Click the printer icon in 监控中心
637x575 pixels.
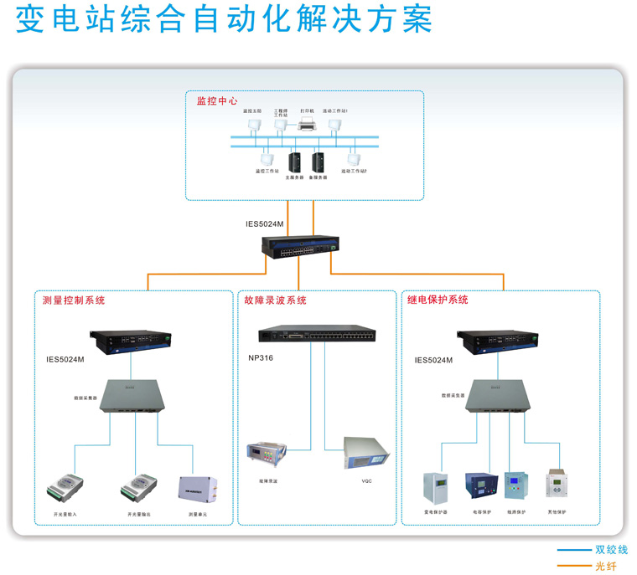(307, 126)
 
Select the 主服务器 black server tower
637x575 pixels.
(294, 162)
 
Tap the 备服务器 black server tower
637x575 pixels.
(318, 162)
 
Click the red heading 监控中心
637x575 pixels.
(217, 101)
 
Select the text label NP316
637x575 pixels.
(261, 357)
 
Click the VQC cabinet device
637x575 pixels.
(366, 454)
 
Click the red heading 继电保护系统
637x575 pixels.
(438, 300)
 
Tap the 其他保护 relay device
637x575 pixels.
(557, 485)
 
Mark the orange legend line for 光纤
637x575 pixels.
(574, 566)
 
